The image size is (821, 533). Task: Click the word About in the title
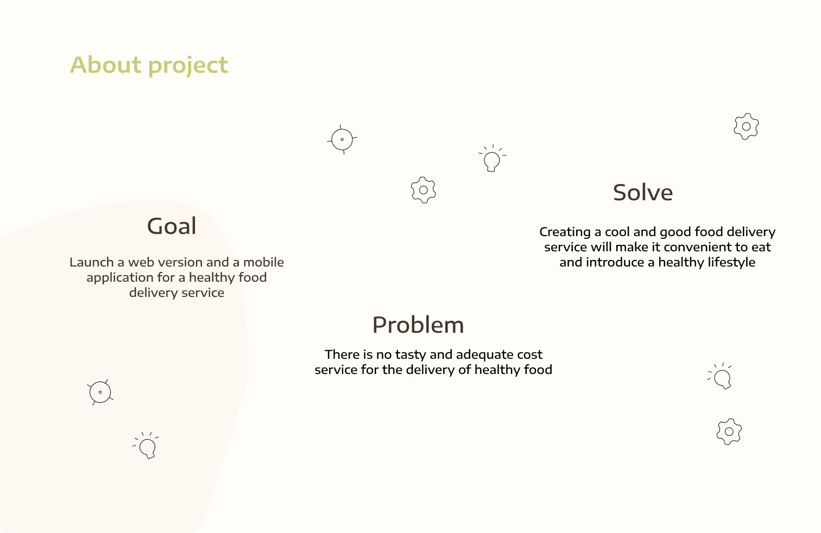point(105,65)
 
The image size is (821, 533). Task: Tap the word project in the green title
point(188,66)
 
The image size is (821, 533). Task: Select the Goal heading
point(172,226)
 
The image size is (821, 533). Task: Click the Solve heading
point(643,193)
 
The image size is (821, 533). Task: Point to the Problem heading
point(418,325)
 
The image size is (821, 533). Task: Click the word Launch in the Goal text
point(92,262)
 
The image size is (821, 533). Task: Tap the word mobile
point(263,262)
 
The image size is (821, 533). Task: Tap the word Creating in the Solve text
point(565,232)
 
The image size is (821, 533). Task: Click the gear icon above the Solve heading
point(746,126)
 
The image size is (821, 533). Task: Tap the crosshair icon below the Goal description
point(100,392)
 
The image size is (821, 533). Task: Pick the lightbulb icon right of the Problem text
point(720,376)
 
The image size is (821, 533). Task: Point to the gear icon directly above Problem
point(424,190)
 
